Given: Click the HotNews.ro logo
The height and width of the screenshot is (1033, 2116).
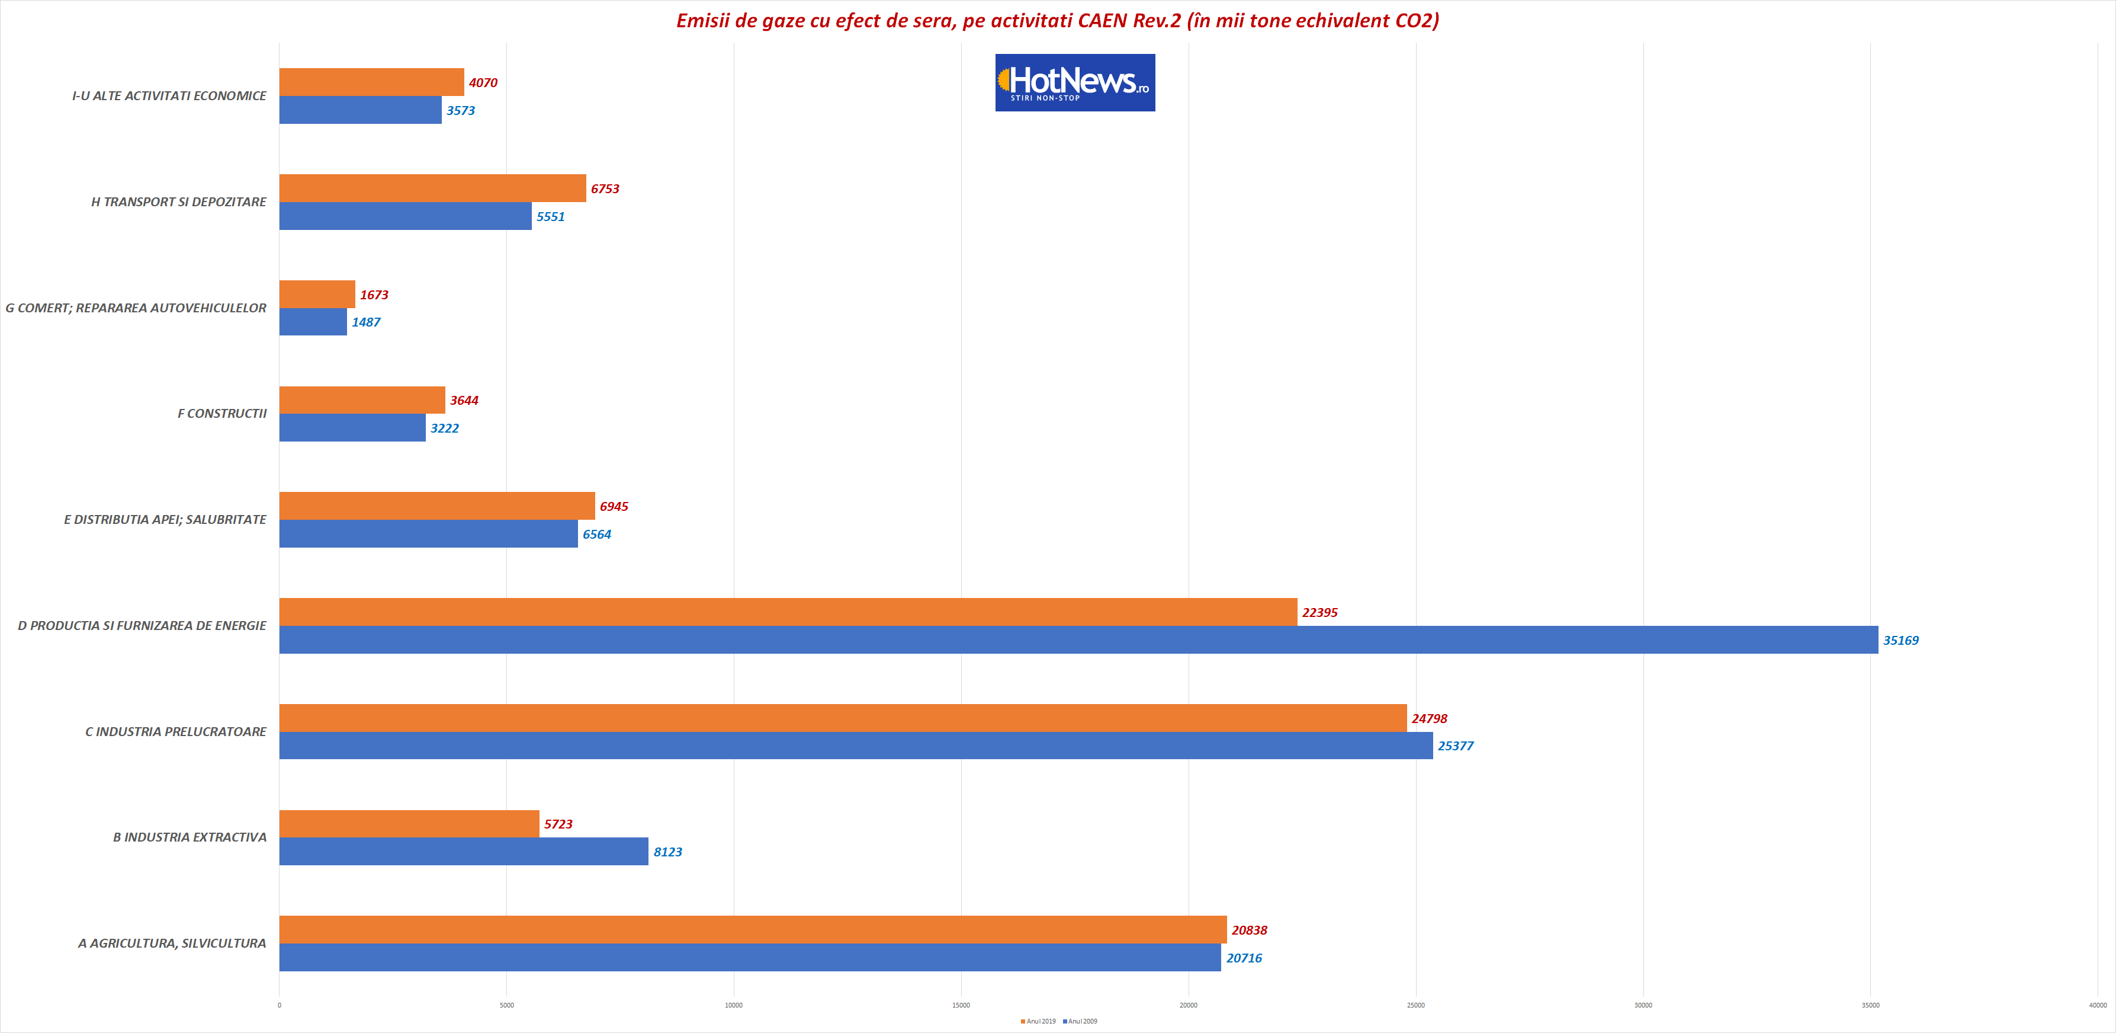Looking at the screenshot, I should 1074,83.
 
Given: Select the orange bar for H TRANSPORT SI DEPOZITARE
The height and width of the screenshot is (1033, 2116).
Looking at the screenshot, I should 432,188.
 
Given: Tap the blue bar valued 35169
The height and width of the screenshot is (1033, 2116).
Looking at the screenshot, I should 1078,640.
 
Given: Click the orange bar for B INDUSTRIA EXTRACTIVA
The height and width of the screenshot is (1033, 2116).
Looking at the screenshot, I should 409,823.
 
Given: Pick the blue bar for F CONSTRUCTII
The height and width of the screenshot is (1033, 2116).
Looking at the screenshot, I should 352,427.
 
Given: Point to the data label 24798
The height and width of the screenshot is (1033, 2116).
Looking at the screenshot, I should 1429,719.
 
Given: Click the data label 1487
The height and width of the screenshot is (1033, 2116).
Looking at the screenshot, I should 367,322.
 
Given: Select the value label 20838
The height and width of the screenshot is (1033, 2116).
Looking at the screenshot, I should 1250,930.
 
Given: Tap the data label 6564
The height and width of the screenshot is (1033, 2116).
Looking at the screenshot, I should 597,534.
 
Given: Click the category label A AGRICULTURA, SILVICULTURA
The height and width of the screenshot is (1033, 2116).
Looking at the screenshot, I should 172,944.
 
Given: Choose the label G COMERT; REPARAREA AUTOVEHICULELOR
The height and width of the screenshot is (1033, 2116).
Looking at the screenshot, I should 136,308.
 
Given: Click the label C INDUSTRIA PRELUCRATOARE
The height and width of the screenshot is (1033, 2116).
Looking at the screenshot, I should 176,731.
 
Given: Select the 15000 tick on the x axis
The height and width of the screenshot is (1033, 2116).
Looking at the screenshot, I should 961,1005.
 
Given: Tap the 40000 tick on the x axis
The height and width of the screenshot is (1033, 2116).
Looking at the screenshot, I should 2097,1005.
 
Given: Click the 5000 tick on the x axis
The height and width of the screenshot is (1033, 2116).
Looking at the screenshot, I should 507,1005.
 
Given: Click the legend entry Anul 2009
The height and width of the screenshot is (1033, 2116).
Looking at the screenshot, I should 1080,1022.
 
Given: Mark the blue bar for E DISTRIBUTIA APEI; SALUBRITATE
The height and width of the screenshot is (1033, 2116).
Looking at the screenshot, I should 428,534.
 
